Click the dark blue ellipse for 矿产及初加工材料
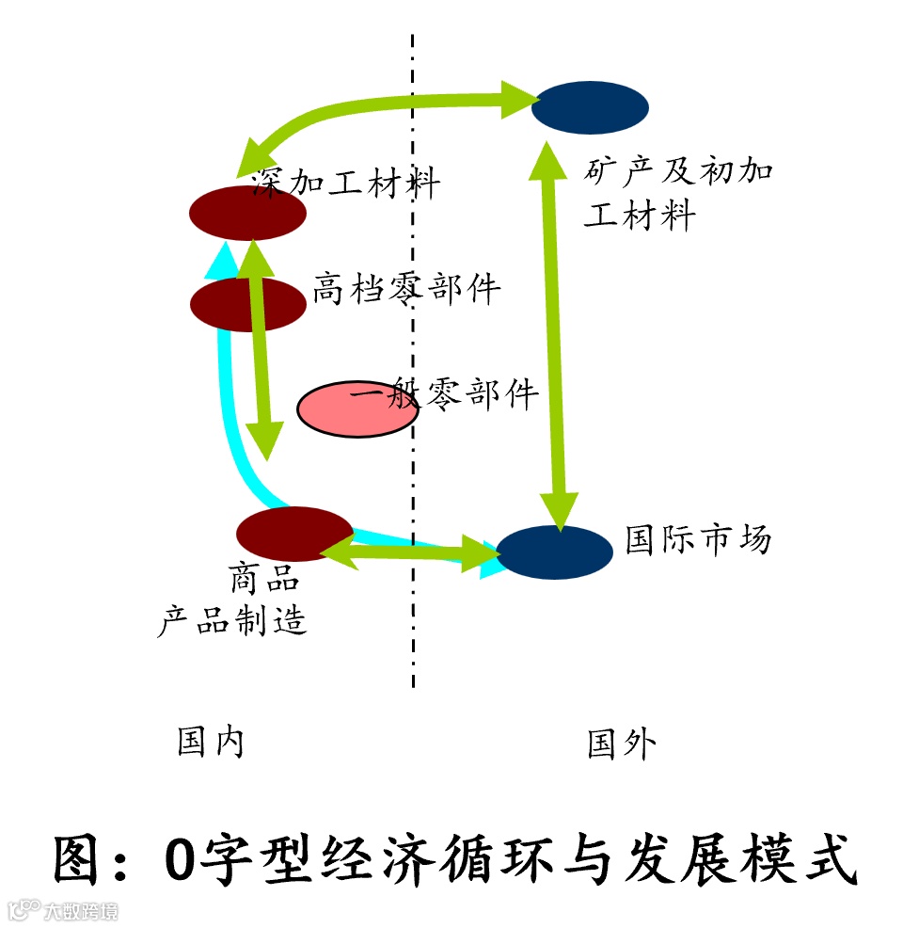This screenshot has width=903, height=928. tap(590, 106)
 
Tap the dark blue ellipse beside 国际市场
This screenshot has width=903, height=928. tap(554, 552)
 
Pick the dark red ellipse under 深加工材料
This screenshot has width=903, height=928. tap(247, 214)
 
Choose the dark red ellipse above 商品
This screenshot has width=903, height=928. tap(293, 534)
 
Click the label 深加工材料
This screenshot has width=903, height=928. tap(345, 183)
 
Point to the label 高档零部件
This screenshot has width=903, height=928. tap(406, 289)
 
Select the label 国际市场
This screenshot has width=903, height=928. tap(698, 539)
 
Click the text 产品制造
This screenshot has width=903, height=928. tap(231, 620)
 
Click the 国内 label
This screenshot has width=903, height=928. tap(211, 743)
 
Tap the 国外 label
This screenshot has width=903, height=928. tap(621, 744)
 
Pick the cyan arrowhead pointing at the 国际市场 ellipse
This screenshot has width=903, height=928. tap(487, 562)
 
